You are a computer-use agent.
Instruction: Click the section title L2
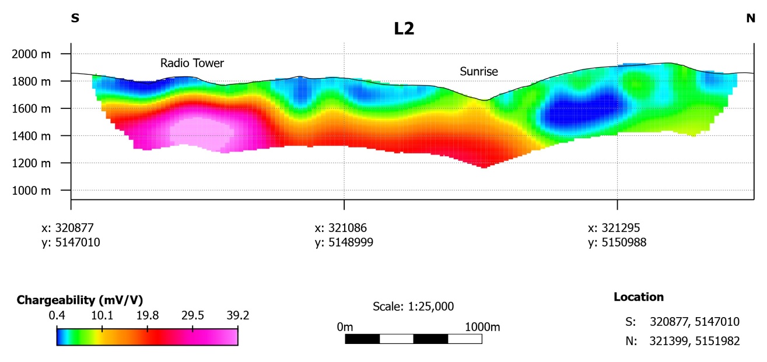[404, 29]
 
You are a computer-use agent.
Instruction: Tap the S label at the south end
[75, 18]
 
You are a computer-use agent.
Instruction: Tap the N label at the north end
[751, 18]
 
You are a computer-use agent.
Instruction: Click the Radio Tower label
[192, 63]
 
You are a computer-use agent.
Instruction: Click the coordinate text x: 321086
[341, 228]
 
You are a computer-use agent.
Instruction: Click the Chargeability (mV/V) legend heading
[80, 300]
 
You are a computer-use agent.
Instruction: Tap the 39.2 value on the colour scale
[237, 316]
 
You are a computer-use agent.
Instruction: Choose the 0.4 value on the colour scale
[57, 316]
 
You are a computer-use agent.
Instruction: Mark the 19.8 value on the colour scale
[147, 316]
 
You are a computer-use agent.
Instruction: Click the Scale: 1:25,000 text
[413, 306]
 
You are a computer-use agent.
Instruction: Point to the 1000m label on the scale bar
[482, 328]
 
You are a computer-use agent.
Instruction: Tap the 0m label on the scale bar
[345, 328]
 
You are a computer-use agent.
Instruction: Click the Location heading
[639, 297]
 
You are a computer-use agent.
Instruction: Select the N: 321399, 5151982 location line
[682, 342]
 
